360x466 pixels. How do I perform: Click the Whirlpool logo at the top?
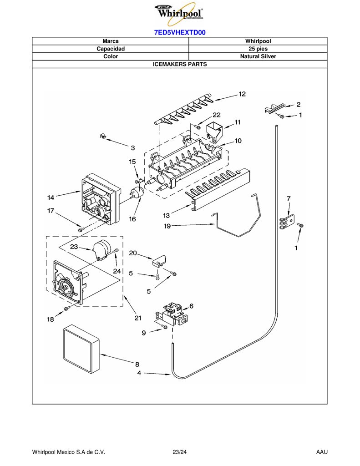(x=179, y=13)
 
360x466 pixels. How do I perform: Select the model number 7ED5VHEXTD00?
(x=180, y=32)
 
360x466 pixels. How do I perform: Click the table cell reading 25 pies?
(x=258, y=49)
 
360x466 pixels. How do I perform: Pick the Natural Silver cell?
(x=258, y=56)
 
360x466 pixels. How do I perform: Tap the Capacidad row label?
(x=111, y=49)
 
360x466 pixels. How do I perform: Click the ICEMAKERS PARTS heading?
(x=180, y=64)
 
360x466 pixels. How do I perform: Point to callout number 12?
(x=242, y=94)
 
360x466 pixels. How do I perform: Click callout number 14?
(x=51, y=198)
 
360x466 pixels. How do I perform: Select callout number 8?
(x=137, y=365)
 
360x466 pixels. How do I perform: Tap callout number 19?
(x=167, y=226)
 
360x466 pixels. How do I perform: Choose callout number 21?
(x=137, y=318)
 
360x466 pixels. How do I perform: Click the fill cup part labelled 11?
(x=214, y=131)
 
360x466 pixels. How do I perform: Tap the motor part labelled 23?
(x=101, y=249)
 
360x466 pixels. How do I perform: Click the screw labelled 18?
(x=66, y=309)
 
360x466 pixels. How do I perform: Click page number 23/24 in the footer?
(x=180, y=452)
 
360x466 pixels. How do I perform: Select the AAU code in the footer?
(x=322, y=452)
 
